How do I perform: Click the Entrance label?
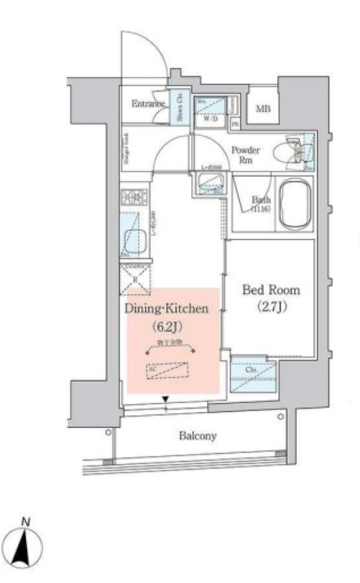(x=148, y=104)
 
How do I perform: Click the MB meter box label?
(x=263, y=109)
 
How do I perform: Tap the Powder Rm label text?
(x=246, y=154)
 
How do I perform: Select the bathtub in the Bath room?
(x=293, y=204)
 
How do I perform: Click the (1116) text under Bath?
(x=261, y=210)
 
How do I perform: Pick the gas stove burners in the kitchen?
(x=133, y=198)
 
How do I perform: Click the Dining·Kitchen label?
(x=167, y=309)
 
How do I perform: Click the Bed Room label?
(x=271, y=290)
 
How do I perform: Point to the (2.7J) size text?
(x=271, y=307)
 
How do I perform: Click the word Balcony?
(x=198, y=436)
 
